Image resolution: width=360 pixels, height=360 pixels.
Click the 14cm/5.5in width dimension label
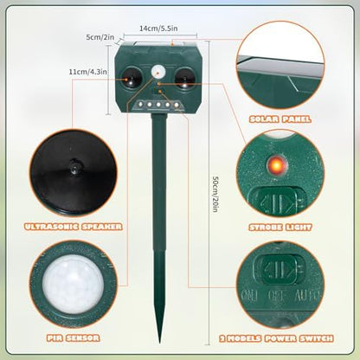pos(158,29)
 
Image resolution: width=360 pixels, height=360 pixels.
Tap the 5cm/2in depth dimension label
pos(100,37)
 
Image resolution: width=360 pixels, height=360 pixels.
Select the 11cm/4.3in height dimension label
pos(87,72)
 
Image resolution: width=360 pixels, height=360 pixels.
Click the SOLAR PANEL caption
pos(280,119)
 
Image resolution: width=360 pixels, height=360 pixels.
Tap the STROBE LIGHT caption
pos(280,228)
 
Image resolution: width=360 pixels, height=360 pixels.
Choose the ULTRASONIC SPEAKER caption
pos(74,227)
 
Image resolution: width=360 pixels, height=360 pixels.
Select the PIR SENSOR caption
pos(74,337)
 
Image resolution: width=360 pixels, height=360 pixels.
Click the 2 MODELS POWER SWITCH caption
pos(276,338)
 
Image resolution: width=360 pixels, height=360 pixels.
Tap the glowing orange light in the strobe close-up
pos(276,165)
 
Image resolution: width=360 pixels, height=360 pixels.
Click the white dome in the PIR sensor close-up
pos(74,285)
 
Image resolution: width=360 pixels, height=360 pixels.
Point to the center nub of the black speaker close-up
pos(75,166)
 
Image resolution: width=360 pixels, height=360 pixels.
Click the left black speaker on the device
pos(132,78)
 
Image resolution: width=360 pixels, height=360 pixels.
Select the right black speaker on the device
pos(184,78)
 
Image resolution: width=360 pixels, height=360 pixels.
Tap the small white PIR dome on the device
pos(157,71)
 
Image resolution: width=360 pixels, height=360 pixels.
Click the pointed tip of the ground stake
pos(159,343)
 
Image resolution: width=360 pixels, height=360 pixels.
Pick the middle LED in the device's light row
pos(158,105)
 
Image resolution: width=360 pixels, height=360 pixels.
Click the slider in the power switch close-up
pos(279,269)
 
